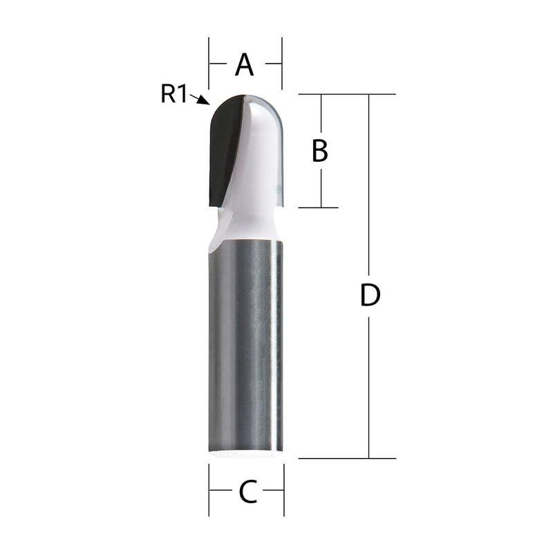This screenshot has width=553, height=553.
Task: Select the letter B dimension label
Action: (319, 150)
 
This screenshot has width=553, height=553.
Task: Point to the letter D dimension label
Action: (371, 296)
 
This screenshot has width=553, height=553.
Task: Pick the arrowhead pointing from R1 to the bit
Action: (203, 100)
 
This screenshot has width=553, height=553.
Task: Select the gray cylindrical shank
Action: (245, 346)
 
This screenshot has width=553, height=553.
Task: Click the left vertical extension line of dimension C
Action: (209, 491)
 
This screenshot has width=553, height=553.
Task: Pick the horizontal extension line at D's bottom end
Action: (346, 458)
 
